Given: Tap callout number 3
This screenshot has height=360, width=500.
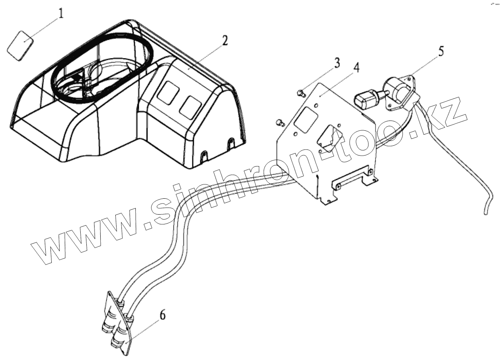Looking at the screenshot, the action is (x=336, y=63).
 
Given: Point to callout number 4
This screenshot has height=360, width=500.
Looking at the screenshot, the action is (x=356, y=68).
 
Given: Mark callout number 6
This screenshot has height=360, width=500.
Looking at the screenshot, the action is (x=162, y=316).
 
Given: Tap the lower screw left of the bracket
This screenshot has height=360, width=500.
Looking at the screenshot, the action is (x=280, y=122).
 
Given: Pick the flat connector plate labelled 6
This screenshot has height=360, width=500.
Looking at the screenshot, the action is (x=118, y=322).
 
